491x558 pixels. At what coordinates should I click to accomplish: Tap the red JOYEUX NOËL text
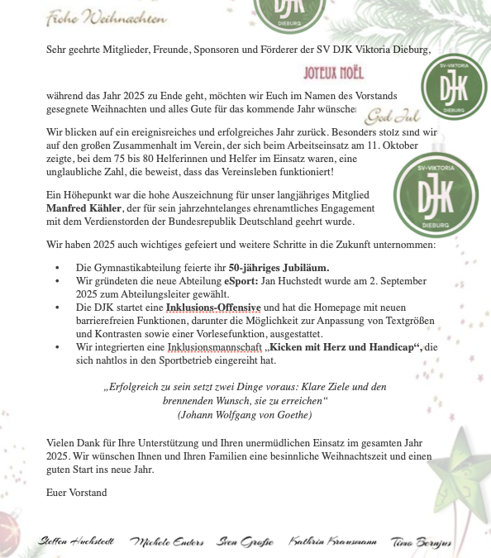click(334, 73)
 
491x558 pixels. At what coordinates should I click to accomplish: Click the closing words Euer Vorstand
click(77, 493)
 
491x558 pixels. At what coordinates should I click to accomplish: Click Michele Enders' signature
click(167, 541)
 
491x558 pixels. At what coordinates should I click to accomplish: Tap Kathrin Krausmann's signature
click(332, 541)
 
